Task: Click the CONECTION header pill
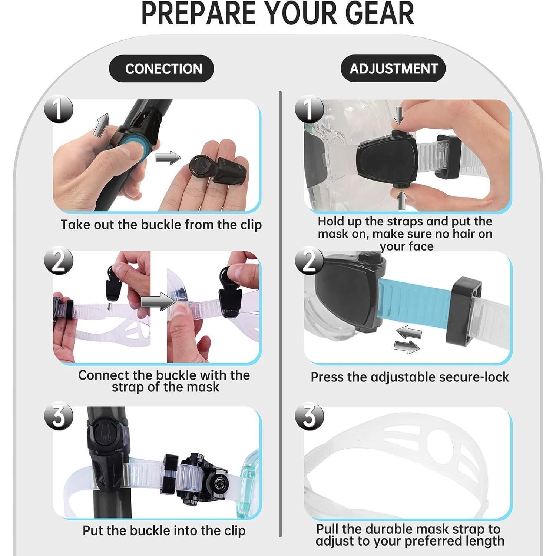[161, 69]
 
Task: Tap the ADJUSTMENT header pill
[393, 69]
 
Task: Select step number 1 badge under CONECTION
[58, 109]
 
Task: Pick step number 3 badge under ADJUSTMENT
[309, 417]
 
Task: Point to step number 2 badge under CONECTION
[58, 261]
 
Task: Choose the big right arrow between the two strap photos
[158, 300]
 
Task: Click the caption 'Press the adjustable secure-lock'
[410, 377]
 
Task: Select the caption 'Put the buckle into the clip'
[164, 530]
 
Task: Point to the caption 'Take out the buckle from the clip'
[161, 225]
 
